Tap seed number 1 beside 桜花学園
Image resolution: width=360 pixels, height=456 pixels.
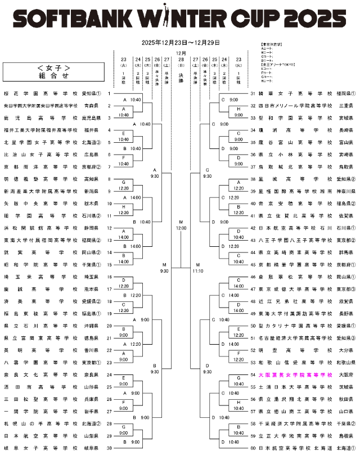click(109, 94)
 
